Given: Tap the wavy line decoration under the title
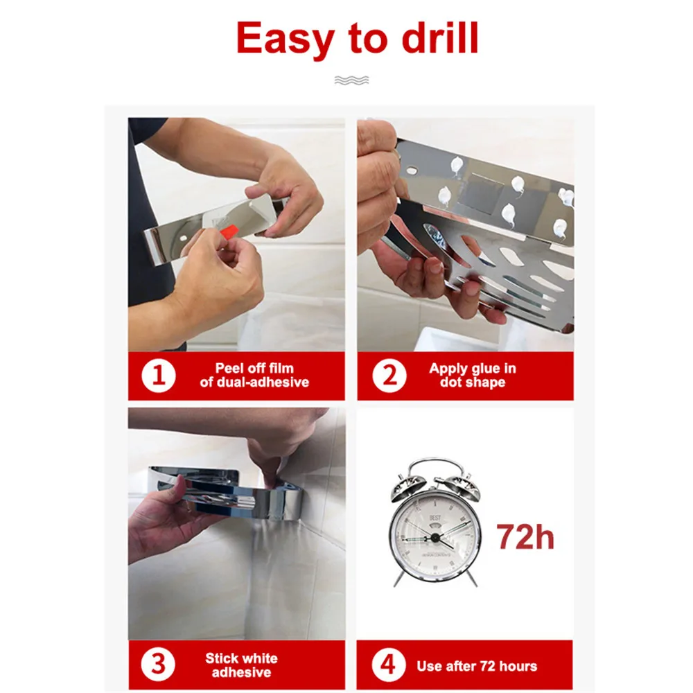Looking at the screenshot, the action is [351, 80].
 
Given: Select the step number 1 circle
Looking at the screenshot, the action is [158, 376].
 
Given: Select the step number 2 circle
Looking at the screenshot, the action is [389, 376].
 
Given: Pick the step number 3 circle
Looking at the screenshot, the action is [158, 665].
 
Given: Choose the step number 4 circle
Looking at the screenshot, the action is [389, 665].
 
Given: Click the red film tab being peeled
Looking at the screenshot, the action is [229, 231].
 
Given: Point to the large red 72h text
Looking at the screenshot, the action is [525, 536].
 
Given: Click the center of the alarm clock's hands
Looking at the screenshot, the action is [435, 538].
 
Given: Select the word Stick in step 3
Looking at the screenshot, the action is [222, 658].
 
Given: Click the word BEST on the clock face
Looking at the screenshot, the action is [435, 518].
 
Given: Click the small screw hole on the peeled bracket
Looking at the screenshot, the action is [184, 238].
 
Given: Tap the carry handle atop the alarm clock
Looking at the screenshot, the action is [435, 466].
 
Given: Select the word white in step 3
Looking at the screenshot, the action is [261, 658].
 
